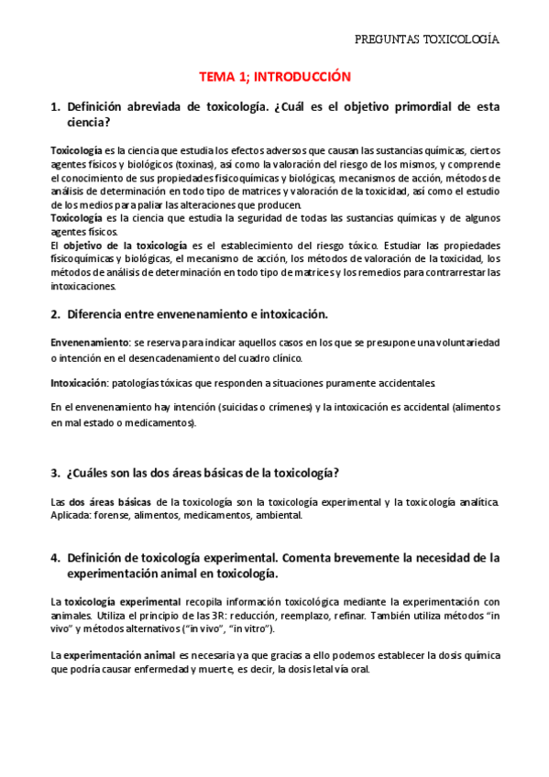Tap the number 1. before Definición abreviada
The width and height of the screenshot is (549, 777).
pos(55,107)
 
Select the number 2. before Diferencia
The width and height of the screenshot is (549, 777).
pos(55,314)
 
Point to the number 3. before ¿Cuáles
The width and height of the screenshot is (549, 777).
pos(55,473)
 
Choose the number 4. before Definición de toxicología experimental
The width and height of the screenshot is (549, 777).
pos(55,557)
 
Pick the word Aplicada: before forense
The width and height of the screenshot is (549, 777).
pos(71,515)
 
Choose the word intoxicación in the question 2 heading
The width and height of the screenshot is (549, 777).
pos(289,314)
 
